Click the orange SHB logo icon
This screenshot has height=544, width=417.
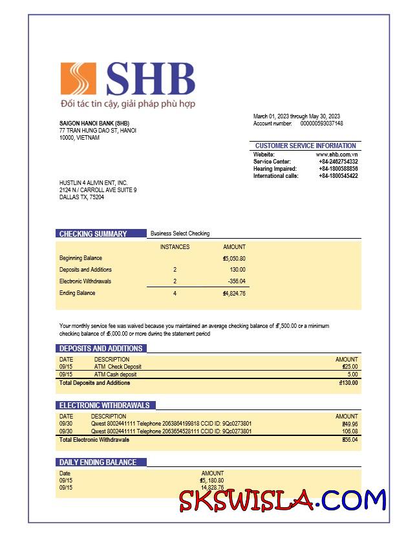tap(78, 78)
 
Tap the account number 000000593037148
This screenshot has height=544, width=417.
tap(321, 124)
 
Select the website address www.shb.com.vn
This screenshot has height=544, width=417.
tap(337, 155)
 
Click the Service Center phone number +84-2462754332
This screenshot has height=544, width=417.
tap(338, 162)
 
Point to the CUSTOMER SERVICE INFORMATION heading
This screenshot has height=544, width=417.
tap(305, 146)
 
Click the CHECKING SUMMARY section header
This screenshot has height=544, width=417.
tap(93, 234)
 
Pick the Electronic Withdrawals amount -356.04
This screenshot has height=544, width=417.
tap(237, 281)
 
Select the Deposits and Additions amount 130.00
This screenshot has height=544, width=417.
tap(237, 270)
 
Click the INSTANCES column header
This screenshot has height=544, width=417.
tap(175, 247)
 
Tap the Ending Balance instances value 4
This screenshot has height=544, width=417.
tap(175, 294)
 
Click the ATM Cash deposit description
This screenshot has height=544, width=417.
tap(116, 375)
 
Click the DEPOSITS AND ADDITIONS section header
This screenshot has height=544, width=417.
tap(101, 349)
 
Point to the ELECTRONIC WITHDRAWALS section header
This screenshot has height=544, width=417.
tap(104, 406)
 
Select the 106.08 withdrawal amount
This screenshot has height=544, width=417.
tap(350, 431)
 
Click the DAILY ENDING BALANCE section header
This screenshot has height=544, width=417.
tap(98, 462)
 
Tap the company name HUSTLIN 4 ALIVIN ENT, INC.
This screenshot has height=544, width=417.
tap(93, 183)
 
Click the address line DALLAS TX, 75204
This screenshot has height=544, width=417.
tap(81, 197)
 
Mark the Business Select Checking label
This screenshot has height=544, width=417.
tap(180, 234)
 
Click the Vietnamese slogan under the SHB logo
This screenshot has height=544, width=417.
tap(127, 103)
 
